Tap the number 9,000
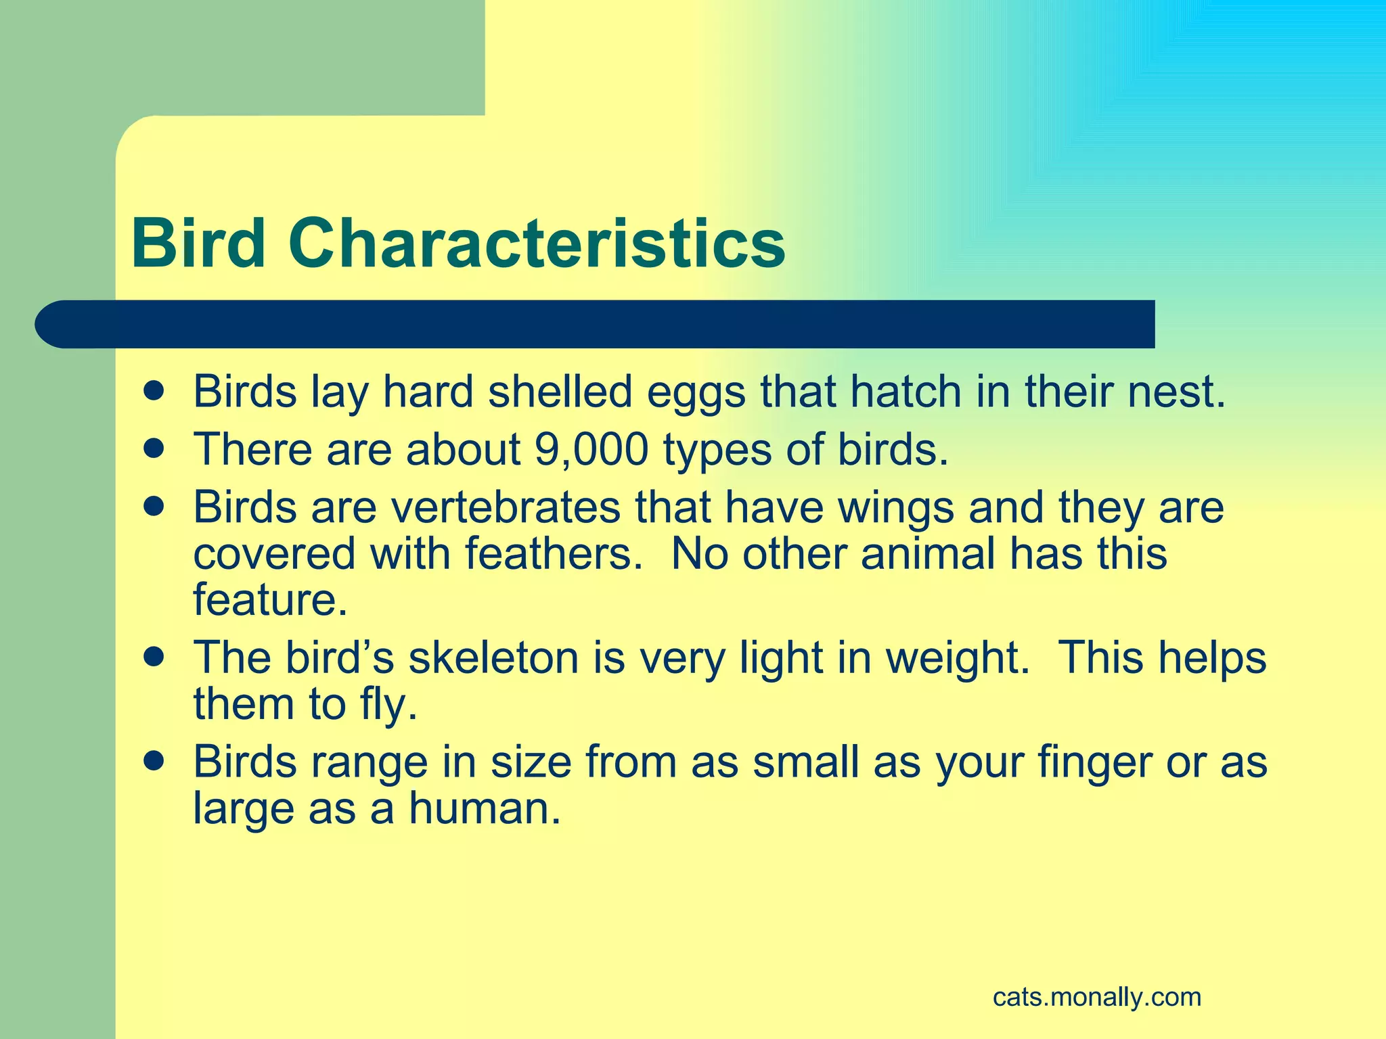591,449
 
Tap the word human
485,808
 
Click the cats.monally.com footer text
1097,997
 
